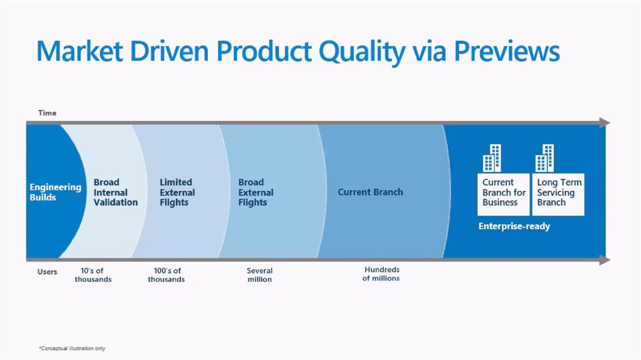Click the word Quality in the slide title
pos(362,53)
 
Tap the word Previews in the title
pos(506,51)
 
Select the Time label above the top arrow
pos(47,113)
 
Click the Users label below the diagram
pos(47,271)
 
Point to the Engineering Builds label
pos(55,192)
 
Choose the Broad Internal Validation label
pos(116,192)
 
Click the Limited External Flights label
pos(177,192)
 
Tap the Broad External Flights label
pos(256,192)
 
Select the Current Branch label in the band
pos(370,192)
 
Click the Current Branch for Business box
pos(504,194)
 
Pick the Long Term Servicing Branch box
pos(558,194)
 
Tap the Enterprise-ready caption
pos(514,226)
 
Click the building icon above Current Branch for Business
pos(492,158)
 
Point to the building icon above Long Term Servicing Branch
pos(545,158)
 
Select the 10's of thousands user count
pos(93,275)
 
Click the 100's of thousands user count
pos(166,275)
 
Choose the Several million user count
pos(260,275)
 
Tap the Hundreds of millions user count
pos(381,274)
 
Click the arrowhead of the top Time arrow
pos(605,123)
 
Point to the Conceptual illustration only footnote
pos(72,349)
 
